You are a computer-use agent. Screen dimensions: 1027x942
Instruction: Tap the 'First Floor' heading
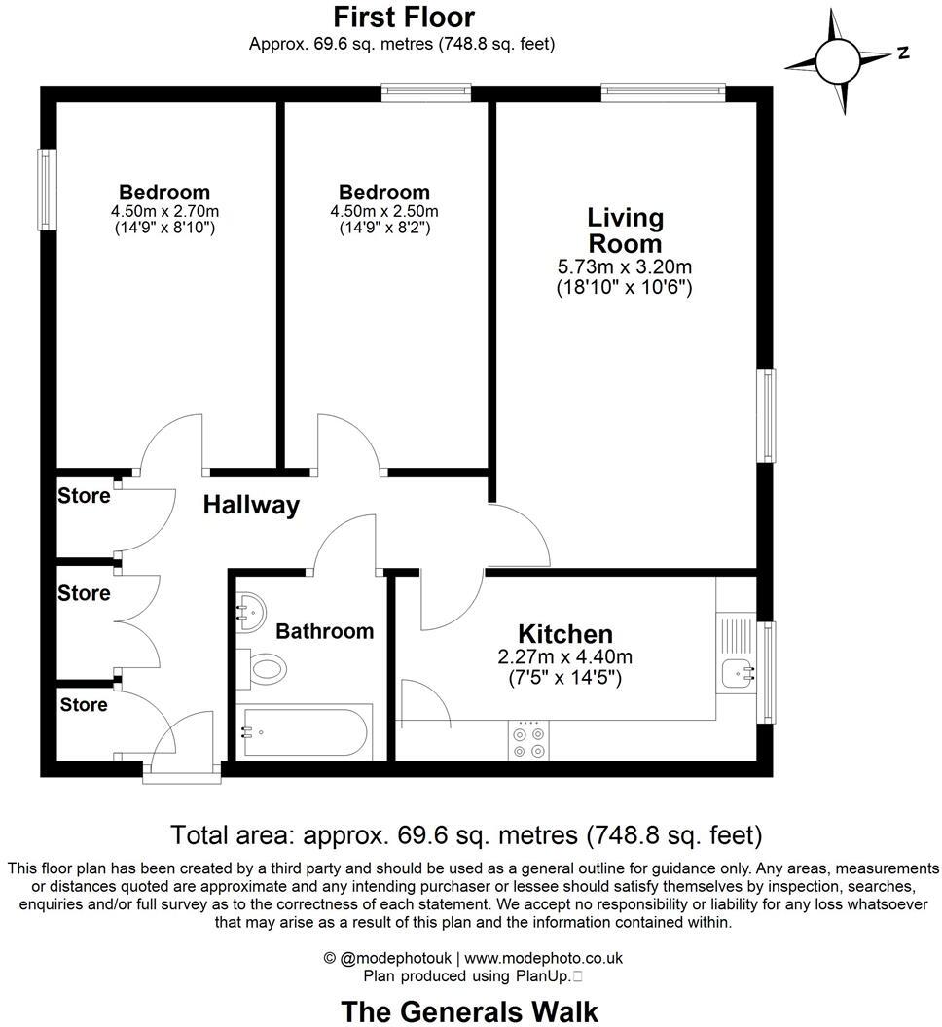point(404,18)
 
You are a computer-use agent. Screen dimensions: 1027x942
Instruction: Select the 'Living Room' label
point(624,230)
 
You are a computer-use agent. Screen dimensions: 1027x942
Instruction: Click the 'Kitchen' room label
point(564,634)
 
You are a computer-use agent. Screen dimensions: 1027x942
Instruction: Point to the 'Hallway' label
point(251,506)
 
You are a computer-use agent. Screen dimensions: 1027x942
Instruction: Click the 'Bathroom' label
point(324,631)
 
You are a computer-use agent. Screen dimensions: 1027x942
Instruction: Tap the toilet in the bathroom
point(264,668)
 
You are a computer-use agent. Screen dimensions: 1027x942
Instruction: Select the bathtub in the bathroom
point(304,731)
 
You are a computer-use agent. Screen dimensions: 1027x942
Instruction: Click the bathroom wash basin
point(249,611)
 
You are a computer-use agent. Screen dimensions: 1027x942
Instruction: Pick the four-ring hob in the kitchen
point(528,740)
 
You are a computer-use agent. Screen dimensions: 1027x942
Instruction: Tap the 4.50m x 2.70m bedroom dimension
point(164,211)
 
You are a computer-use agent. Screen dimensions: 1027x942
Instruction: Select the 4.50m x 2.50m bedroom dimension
point(384,211)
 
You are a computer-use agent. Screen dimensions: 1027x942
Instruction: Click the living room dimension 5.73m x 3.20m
point(624,266)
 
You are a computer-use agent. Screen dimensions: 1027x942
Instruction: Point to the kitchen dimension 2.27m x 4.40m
point(564,657)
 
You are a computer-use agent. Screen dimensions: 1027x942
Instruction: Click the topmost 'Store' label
point(84,496)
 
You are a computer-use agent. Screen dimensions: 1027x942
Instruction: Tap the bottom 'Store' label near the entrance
point(84,704)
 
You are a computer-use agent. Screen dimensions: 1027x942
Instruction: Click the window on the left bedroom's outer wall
point(46,189)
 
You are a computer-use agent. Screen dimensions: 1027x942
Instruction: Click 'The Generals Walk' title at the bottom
point(470,1010)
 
